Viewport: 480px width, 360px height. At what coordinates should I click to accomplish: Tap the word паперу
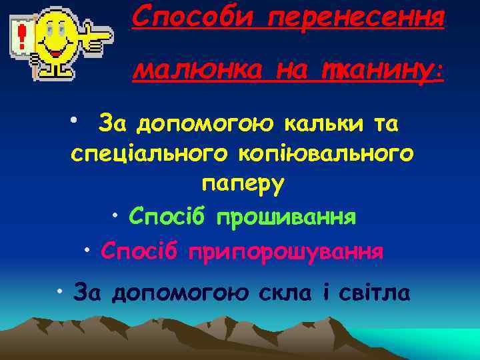242,184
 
